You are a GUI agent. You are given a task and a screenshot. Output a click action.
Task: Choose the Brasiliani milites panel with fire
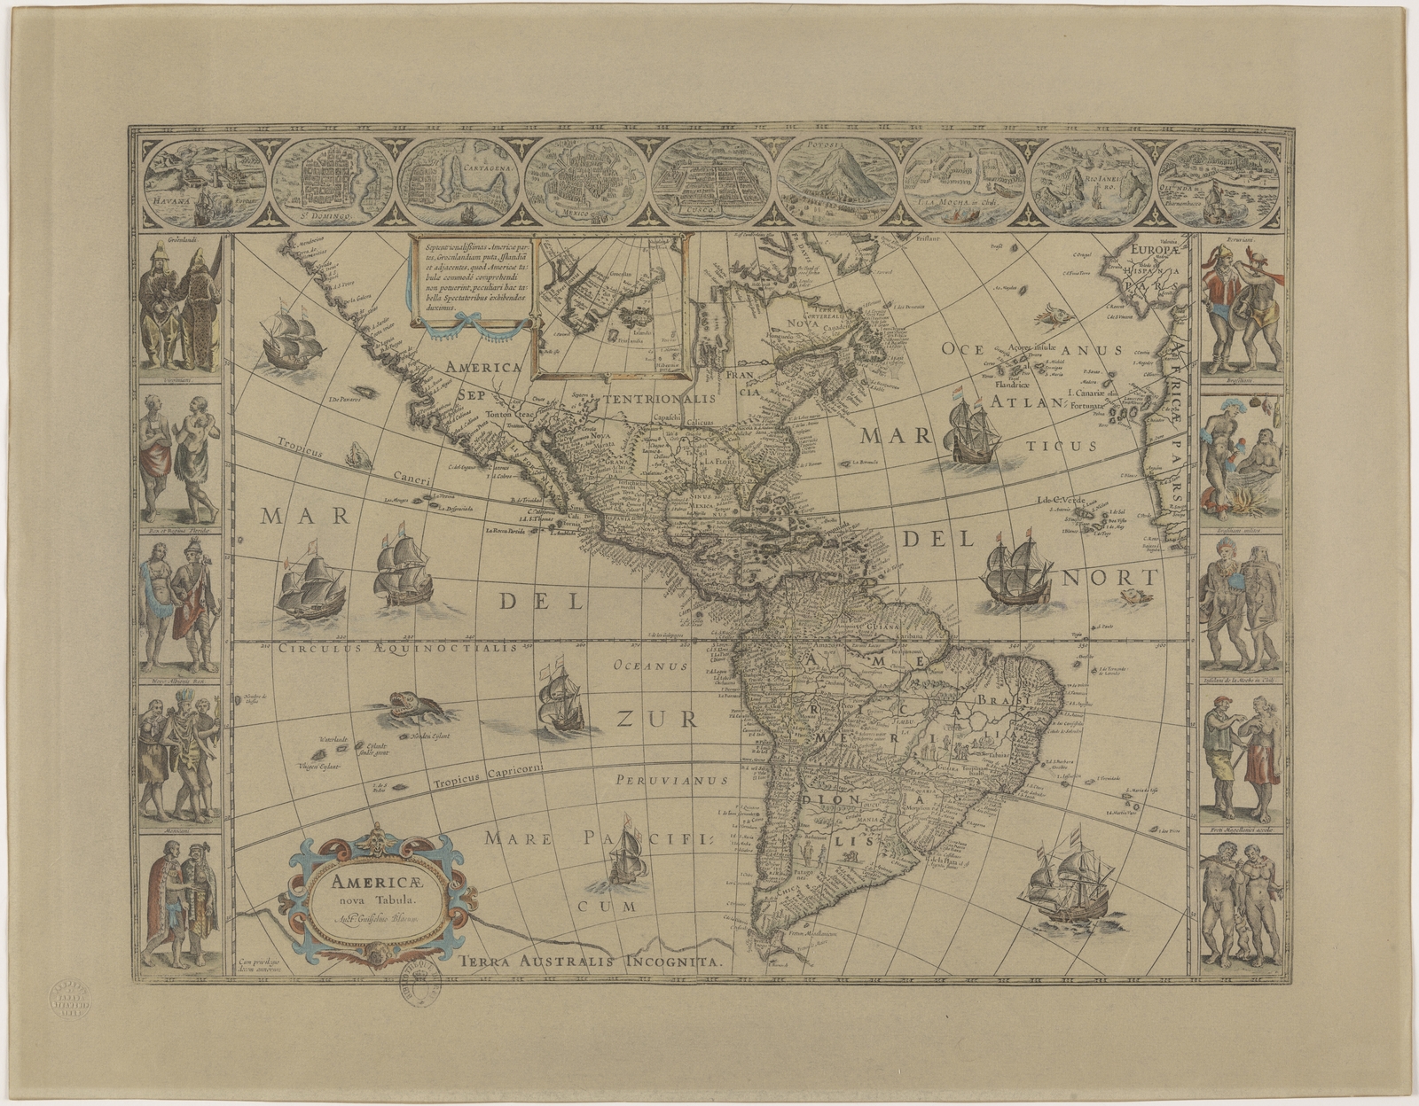coord(1240,461)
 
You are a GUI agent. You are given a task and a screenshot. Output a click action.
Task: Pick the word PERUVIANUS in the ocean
coord(671,781)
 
